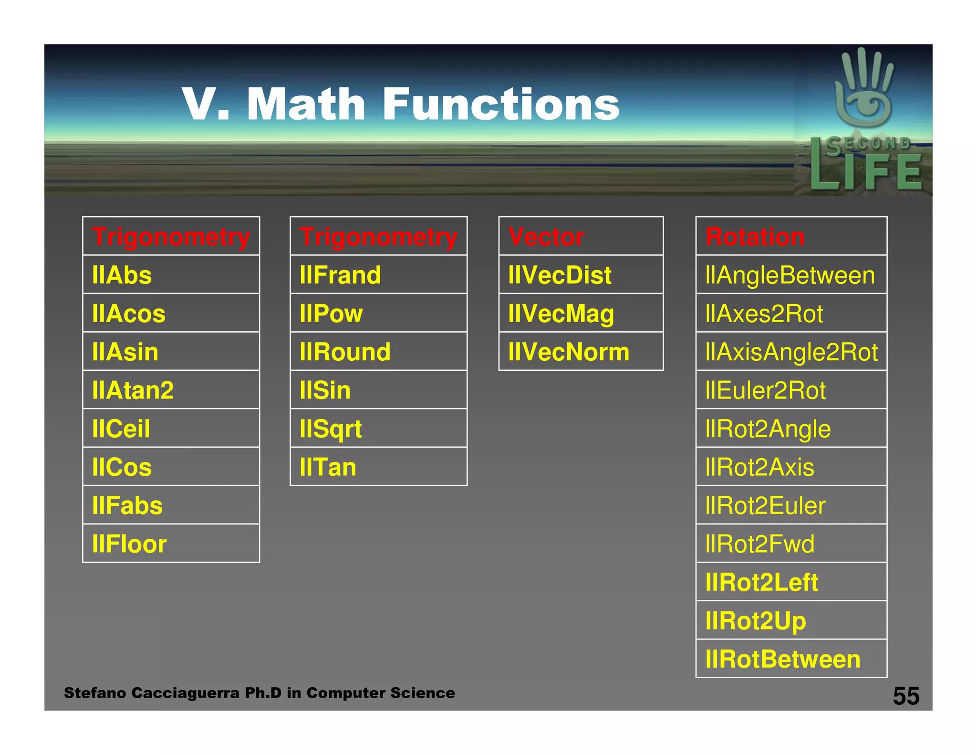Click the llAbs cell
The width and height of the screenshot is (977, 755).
tap(171, 275)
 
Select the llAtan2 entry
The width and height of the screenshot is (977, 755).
tap(171, 390)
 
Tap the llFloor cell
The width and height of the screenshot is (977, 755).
tap(171, 544)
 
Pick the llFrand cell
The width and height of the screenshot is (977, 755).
tap(378, 275)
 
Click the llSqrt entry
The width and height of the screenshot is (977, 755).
tap(378, 429)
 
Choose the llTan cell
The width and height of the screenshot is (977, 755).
tap(378, 467)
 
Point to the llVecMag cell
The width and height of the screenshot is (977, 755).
tap(581, 313)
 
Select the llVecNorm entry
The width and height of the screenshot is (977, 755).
tap(581, 352)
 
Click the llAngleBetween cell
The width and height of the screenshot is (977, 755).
tap(791, 275)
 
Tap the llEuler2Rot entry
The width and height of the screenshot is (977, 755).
tap(791, 390)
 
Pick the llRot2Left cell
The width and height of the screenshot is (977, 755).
tap(791, 582)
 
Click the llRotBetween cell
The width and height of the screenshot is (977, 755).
tap(791, 659)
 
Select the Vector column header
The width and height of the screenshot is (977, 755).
tap(581, 236)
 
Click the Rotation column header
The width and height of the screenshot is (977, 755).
tap(791, 236)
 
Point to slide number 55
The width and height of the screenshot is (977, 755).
tap(906, 696)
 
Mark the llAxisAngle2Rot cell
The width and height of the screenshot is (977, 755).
tap(791, 352)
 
